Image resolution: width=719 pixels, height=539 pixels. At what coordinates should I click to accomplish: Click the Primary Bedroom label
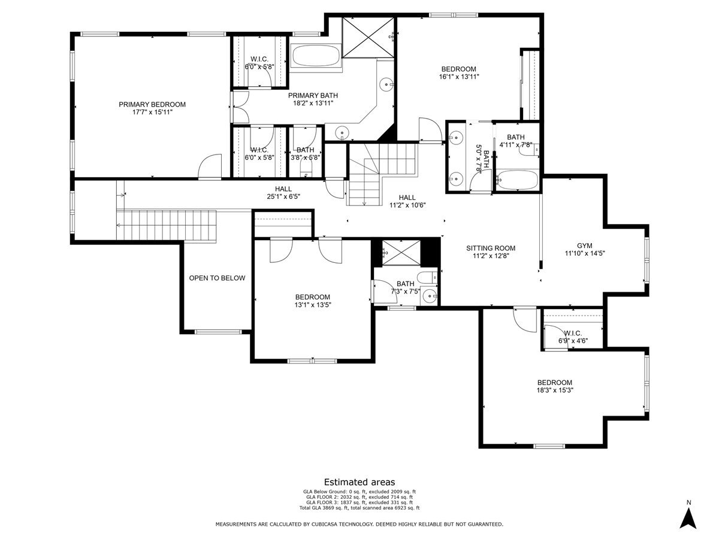point(152,104)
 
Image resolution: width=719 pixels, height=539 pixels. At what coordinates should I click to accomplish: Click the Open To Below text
point(217,278)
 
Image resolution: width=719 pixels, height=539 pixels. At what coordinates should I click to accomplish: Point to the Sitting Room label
point(491,248)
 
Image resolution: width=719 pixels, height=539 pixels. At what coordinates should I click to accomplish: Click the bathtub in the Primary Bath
point(315,56)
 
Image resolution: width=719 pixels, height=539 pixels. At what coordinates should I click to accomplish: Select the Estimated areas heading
point(359,482)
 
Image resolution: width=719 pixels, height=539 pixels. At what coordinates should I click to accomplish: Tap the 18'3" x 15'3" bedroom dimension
point(554,390)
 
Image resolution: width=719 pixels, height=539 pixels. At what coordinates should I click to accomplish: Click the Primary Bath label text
point(313,95)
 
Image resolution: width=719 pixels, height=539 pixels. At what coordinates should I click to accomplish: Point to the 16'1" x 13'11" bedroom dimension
point(459,77)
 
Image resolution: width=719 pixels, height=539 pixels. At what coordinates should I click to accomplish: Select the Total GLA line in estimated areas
point(359,508)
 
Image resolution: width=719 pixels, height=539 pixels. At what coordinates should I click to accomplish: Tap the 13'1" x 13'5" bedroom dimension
point(312,305)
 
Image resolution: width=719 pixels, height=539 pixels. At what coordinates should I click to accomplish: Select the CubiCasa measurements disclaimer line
point(359,525)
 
